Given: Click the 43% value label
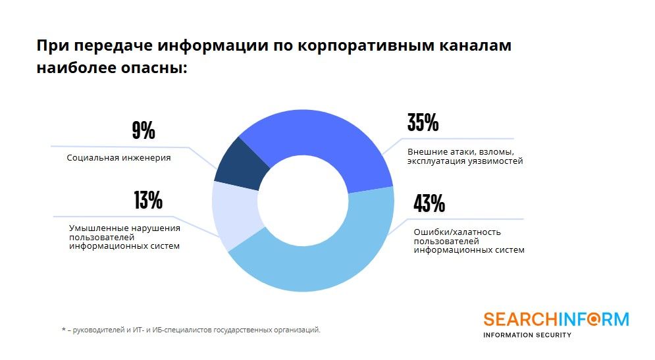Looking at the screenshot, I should [x=429, y=204].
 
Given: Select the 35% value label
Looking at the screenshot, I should [x=423, y=123].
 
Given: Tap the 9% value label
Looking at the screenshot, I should [x=144, y=130].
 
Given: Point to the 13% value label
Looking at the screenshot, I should [x=147, y=200].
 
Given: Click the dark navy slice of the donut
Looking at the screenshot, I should [x=241, y=161].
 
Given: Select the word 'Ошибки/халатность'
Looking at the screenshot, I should [x=448, y=232].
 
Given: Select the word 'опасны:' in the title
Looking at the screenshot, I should [x=157, y=67].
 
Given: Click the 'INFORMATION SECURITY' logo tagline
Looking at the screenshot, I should [x=527, y=335].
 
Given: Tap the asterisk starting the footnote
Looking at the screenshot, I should [x=63, y=330].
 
